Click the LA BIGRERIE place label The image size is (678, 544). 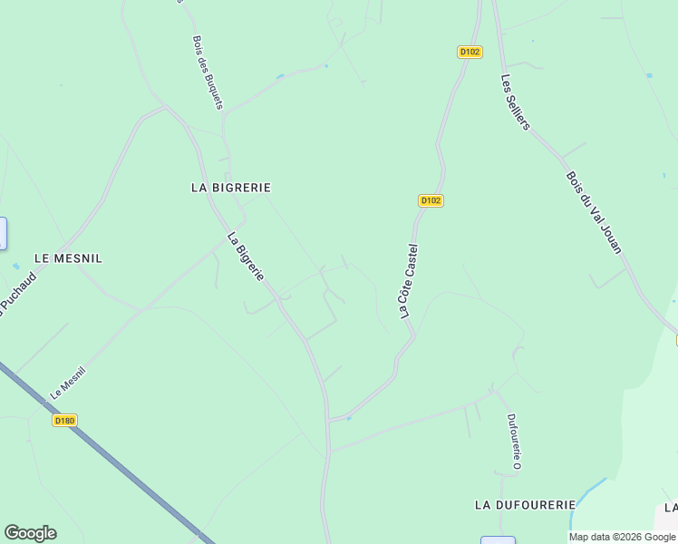[x=231, y=188]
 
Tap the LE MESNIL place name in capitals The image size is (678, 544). [x=68, y=258]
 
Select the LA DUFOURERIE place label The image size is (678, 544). [x=525, y=504]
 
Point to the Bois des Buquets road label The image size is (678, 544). [x=208, y=73]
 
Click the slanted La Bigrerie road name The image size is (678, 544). [x=246, y=257]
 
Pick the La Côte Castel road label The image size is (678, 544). [x=409, y=280]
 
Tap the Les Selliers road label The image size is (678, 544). [x=515, y=102]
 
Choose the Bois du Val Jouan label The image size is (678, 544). [x=594, y=213]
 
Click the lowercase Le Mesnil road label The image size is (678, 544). [x=68, y=383]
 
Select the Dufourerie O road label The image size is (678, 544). [x=512, y=442]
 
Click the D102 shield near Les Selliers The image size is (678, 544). [x=470, y=52]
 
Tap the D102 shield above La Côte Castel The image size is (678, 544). [x=431, y=200]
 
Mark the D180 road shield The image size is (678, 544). [x=64, y=420]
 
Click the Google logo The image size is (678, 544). [x=30, y=533]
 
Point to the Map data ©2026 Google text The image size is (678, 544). [x=622, y=537]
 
